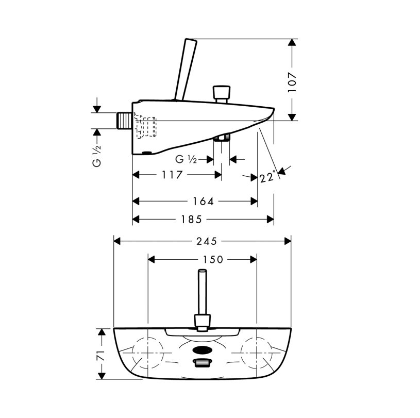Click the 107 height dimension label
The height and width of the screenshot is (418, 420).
[292, 82]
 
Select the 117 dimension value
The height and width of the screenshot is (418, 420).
[172, 175]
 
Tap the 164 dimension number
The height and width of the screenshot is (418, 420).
[204, 201]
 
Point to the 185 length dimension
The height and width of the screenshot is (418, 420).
[191, 220]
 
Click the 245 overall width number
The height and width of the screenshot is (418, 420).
[207, 241]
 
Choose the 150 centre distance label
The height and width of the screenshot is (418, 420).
[213, 259]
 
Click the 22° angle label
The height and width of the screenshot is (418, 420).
[268, 176]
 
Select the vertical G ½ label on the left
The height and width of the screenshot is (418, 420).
[97, 156]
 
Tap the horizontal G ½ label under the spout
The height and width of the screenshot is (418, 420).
[186, 159]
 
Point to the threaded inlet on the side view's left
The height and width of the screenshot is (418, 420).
[124, 121]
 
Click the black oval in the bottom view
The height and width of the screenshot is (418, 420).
[202, 350]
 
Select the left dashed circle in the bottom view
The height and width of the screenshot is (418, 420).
[148, 353]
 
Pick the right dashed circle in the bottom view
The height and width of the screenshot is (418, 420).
[256, 353]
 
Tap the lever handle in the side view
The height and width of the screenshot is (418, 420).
[186, 70]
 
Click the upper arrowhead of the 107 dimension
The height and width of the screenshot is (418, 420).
[292, 43]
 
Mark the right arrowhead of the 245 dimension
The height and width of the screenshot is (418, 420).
[288, 241]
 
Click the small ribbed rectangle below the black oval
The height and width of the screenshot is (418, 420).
[202, 363]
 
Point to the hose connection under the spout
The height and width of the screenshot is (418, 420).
[222, 137]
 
